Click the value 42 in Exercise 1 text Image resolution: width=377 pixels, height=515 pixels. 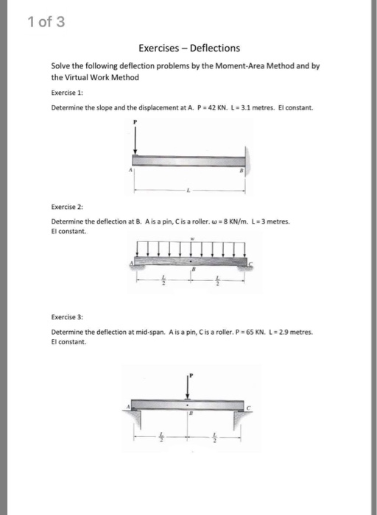[219, 107]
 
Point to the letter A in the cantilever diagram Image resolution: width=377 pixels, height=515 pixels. [130, 171]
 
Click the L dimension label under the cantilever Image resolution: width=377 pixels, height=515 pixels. [188, 190]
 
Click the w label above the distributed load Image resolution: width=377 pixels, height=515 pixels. [191, 239]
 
